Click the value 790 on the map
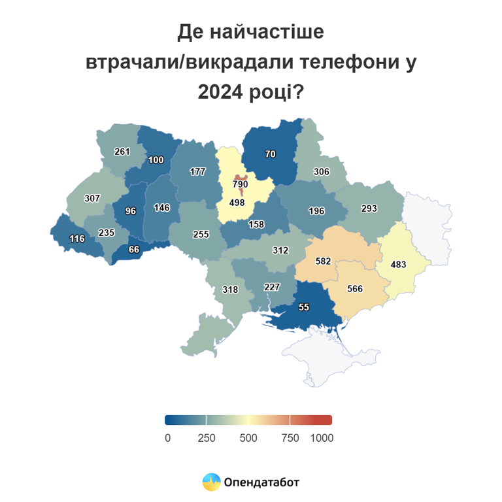point(241,184)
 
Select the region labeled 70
point(270,154)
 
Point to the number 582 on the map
point(322,261)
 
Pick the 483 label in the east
point(399,265)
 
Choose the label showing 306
point(321,171)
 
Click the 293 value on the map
point(369,209)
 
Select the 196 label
point(316,210)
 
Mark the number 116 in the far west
point(77,239)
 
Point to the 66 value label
point(134,249)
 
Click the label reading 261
point(122,152)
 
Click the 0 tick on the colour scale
point(167,438)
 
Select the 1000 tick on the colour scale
point(322,438)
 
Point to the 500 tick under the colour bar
point(248,438)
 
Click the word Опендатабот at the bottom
point(261,483)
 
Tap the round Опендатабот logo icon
point(211,482)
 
